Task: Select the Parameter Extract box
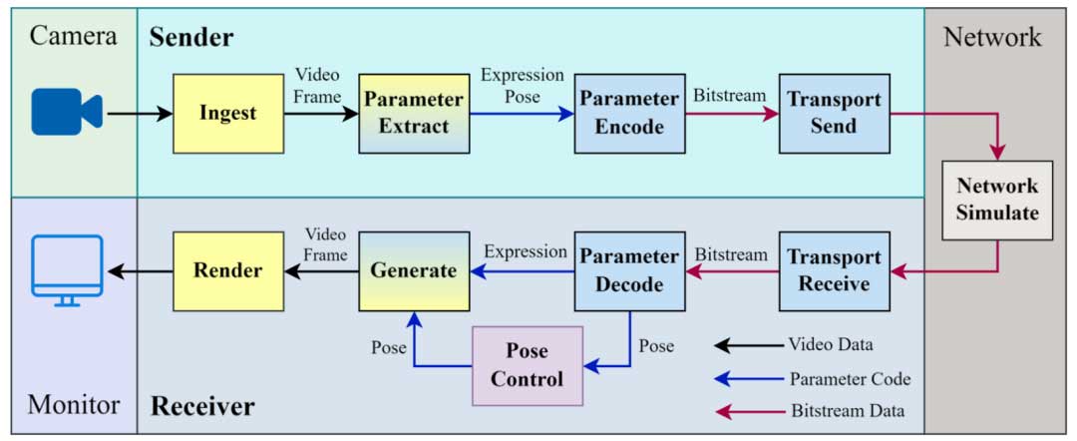coord(413,113)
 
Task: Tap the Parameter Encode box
coord(629,113)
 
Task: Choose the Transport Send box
coord(834,113)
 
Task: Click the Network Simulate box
coord(997,200)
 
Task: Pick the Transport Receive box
coord(834,270)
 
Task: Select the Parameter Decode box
coord(629,270)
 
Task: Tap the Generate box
coord(413,270)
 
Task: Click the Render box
coord(228,270)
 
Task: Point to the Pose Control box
coord(527,365)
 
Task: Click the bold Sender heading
coord(191,38)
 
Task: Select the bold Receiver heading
coord(202,406)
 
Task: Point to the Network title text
coord(992,38)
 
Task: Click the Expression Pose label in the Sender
coord(522,86)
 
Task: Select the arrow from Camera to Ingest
coord(140,113)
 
